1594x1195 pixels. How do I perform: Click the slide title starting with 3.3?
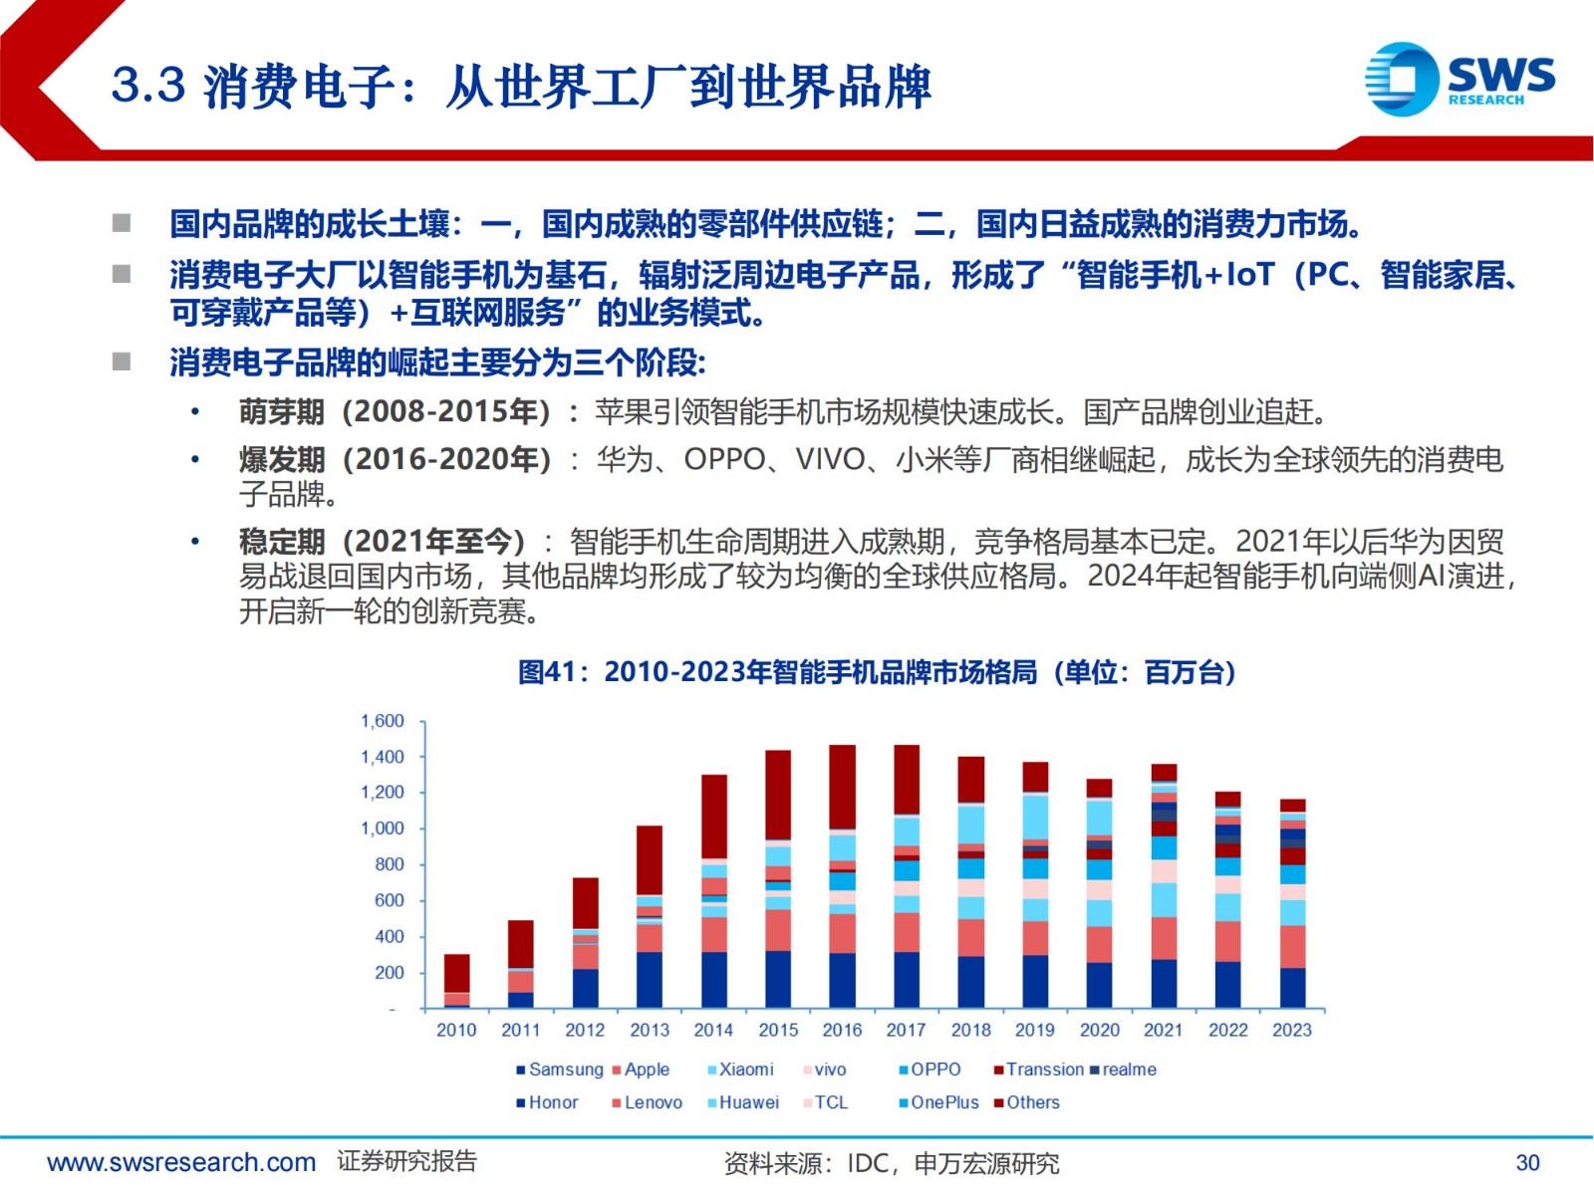(521, 86)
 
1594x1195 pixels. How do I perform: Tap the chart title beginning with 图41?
(877, 672)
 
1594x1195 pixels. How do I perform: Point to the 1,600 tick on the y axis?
(383, 721)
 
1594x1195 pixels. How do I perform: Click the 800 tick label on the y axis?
(390, 864)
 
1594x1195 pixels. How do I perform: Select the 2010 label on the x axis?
(456, 1030)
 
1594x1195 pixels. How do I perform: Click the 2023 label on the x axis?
(1292, 1030)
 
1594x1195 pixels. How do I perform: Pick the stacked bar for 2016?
(842, 876)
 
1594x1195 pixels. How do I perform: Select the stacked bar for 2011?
(521, 964)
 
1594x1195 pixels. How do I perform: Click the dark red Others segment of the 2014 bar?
(713, 816)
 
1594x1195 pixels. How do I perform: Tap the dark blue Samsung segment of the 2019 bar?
(1035, 981)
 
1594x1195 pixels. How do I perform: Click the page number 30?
(1527, 1162)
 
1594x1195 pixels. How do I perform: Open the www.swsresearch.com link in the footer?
(181, 1162)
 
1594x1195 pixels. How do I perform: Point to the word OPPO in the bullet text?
(724, 459)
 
